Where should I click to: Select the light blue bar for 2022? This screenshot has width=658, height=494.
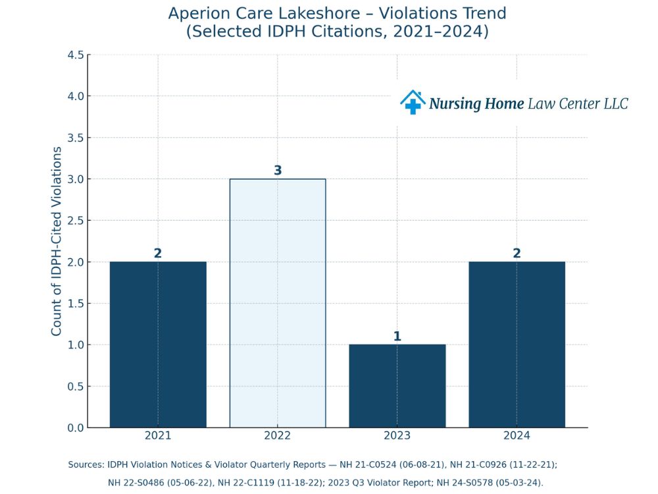pos(277,303)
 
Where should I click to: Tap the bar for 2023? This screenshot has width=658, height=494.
pos(397,386)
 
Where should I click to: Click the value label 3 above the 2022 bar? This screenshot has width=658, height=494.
pos(278,171)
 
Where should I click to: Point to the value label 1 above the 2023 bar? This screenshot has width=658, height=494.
pos(397,337)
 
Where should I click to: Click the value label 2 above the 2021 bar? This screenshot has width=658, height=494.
pos(158,254)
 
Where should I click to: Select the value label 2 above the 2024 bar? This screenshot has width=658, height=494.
pos(517,254)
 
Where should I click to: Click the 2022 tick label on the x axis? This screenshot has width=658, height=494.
pos(277,436)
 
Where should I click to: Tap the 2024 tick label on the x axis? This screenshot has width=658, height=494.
pos(517,436)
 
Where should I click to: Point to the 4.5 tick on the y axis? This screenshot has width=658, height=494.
pos(76,55)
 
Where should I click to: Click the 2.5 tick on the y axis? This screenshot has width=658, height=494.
pos(76,221)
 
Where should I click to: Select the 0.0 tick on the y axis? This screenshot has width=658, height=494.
pos(76,427)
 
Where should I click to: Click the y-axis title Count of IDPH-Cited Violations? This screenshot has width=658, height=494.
pos(57,241)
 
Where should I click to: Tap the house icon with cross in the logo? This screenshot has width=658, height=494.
pos(413,102)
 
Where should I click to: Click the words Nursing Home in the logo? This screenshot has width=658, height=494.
pos(476,103)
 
